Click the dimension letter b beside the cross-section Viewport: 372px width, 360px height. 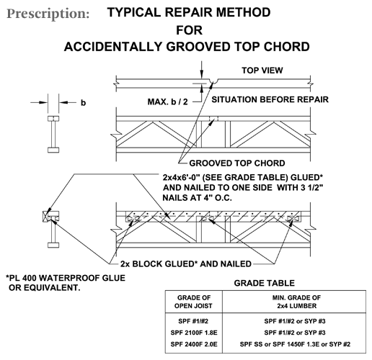point(82,102)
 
